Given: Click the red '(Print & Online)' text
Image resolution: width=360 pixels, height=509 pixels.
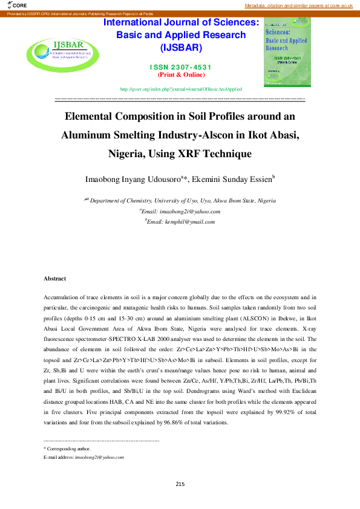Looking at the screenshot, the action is (181, 74).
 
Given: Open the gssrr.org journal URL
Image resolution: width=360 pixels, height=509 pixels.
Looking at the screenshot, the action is (181, 89).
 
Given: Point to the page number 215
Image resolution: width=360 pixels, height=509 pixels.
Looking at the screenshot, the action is (180, 484).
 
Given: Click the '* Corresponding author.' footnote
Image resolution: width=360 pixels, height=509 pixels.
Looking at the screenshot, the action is (67, 449).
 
